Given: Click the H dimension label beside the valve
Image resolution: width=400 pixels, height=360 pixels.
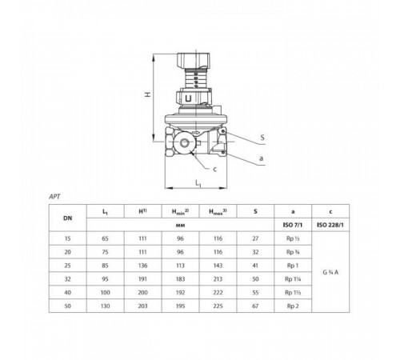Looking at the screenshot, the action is (x=148, y=94).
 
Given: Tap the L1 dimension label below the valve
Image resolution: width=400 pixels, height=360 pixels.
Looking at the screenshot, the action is (x=198, y=183).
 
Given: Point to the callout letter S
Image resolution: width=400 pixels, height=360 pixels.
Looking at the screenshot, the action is (x=262, y=138).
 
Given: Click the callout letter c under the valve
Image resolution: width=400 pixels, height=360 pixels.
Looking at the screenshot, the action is (x=215, y=170).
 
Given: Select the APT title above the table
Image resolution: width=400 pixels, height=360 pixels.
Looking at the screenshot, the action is (x=54, y=197).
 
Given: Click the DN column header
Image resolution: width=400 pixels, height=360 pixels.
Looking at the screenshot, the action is (x=68, y=218).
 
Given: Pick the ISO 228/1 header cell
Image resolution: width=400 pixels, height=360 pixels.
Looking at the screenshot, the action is (x=330, y=225).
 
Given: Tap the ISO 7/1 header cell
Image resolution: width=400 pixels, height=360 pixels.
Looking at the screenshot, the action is (x=293, y=225).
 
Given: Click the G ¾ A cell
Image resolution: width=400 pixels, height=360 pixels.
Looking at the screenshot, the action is (x=330, y=272).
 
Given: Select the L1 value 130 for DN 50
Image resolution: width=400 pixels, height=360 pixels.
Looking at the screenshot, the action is (x=106, y=306).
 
